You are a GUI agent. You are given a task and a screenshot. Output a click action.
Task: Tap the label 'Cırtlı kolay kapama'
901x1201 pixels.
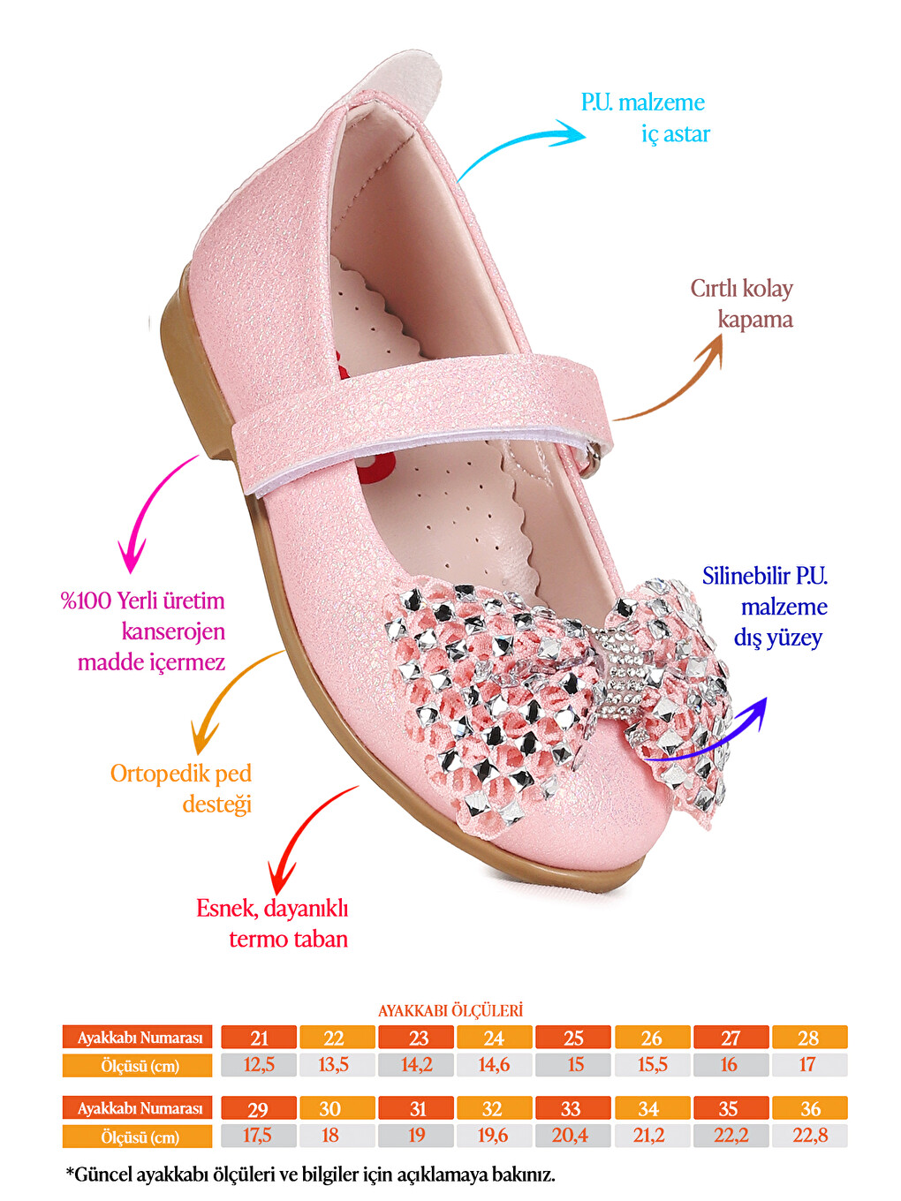pos(741,304)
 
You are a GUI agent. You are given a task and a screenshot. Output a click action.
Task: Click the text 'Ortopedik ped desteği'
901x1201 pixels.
pos(181,789)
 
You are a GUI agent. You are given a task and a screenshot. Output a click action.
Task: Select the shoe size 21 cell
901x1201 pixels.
pos(259,1038)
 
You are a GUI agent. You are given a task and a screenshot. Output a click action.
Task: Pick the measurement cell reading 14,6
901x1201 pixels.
pos(494,1065)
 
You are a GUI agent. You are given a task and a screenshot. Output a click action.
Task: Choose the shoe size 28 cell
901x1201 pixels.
pos(809,1038)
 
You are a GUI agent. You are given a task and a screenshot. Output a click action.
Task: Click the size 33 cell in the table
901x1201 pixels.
pos(572,1108)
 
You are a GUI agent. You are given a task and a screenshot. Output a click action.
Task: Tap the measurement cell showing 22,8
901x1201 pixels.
pos(809,1136)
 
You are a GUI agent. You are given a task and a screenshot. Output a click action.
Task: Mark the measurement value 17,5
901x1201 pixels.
pos(259,1136)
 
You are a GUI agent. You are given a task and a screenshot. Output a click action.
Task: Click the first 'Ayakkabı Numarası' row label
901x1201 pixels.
pos(137,1038)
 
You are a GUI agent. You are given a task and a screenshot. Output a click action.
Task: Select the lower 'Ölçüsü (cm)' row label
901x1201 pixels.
pos(137,1136)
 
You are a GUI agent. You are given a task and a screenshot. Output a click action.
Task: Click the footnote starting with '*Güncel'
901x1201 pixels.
pos(311,1174)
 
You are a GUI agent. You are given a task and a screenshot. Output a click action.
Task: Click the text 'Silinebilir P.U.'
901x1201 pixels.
pos(765,576)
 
